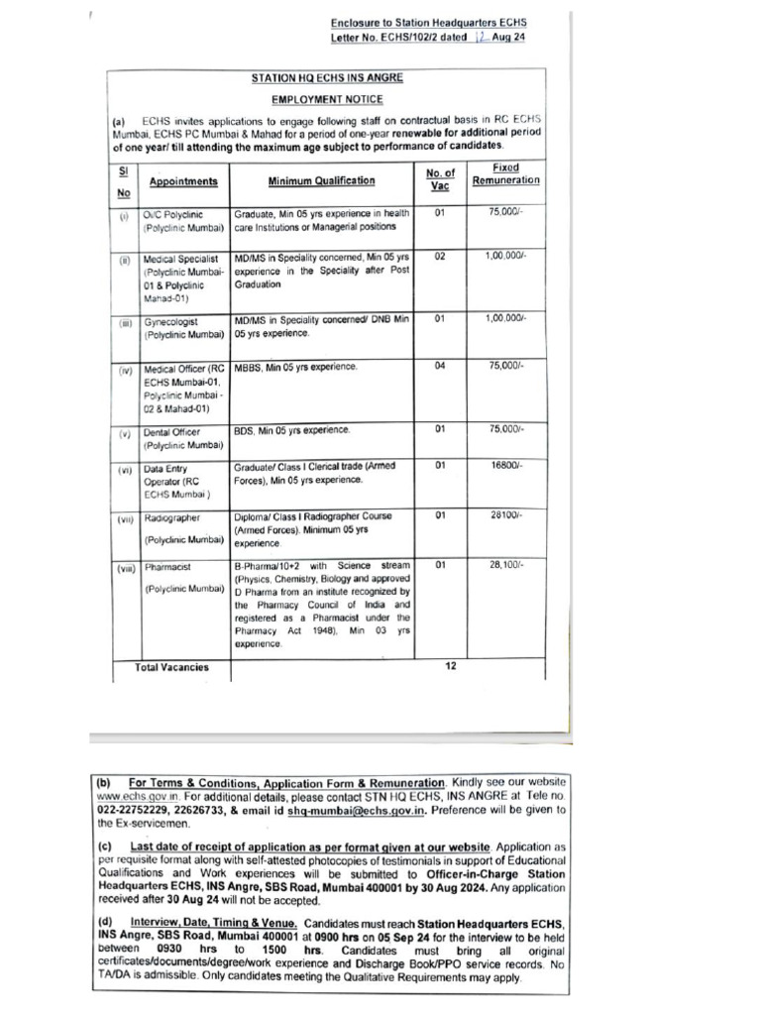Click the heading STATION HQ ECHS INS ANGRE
point(327,77)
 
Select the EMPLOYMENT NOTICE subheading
point(327,99)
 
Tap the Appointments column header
point(183,181)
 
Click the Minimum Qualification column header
point(321,181)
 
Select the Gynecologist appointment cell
point(171,322)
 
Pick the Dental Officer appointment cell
point(172,432)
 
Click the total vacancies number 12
point(450,666)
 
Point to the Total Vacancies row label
point(171,667)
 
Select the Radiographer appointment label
point(172,517)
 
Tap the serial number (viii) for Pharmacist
point(126,569)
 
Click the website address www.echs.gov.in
point(138,796)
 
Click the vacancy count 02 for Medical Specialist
point(440,256)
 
